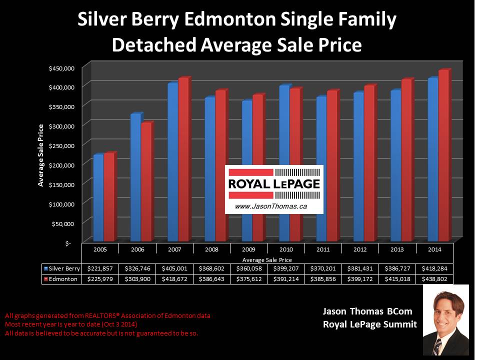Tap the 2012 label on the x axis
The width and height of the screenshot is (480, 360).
tap(360, 248)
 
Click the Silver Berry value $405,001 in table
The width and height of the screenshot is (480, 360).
tap(175, 268)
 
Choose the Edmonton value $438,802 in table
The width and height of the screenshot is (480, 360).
tap(434, 279)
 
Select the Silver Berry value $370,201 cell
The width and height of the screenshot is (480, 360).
tap(323, 268)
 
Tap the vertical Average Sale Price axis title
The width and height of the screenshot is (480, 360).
tap(41, 155)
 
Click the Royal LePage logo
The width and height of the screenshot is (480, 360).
tap(274, 183)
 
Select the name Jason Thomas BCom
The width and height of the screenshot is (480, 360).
tap(367, 311)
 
